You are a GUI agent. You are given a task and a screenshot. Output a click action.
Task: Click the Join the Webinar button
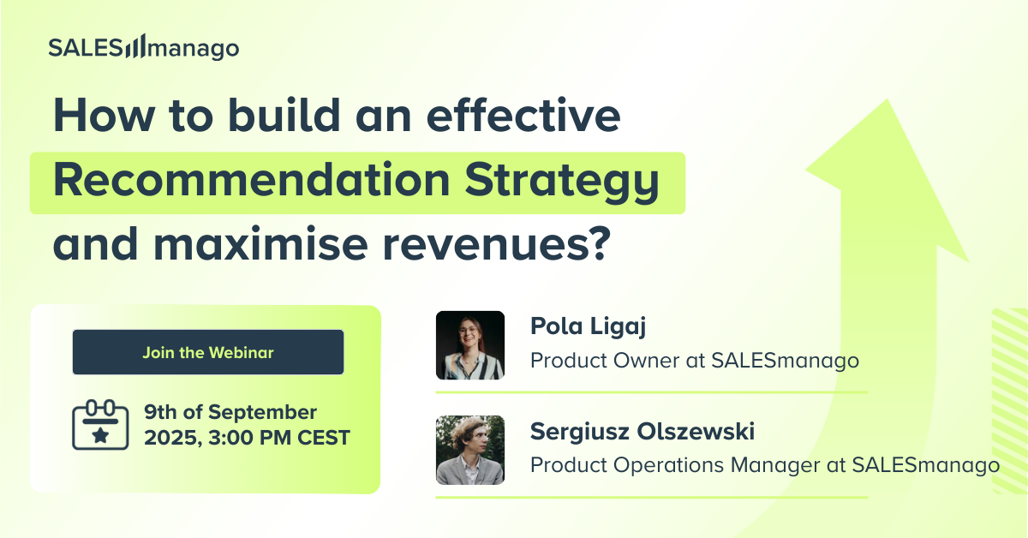click(x=208, y=352)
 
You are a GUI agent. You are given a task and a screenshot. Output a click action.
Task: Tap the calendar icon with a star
click(x=100, y=425)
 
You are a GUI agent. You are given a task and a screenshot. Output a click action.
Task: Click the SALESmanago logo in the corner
click(x=144, y=47)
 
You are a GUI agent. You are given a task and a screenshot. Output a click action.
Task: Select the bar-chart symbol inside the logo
click(x=135, y=46)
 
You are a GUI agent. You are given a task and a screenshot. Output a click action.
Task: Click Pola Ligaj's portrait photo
click(x=470, y=345)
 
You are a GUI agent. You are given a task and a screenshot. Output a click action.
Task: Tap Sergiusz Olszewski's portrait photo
click(x=470, y=450)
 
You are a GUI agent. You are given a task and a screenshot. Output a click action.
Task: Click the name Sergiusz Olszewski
click(x=642, y=432)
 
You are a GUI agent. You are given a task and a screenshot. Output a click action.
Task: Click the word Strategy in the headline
click(x=562, y=182)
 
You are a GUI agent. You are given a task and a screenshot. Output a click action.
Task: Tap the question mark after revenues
click(x=599, y=243)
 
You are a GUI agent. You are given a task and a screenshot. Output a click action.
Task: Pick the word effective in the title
click(x=523, y=115)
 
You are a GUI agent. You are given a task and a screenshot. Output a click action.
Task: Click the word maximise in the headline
click(x=260, y=243)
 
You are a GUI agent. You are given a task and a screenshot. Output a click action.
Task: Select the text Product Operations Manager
click(x=675, y=465)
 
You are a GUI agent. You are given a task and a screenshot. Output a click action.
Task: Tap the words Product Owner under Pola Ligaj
click(x=605, y=361)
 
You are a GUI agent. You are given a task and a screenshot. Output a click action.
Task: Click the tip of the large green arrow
click(x=888, y=99)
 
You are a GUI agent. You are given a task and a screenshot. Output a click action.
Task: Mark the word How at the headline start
click(x=104, y=115)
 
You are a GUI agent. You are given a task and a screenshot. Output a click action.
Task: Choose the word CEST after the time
click(x=324, y=438)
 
